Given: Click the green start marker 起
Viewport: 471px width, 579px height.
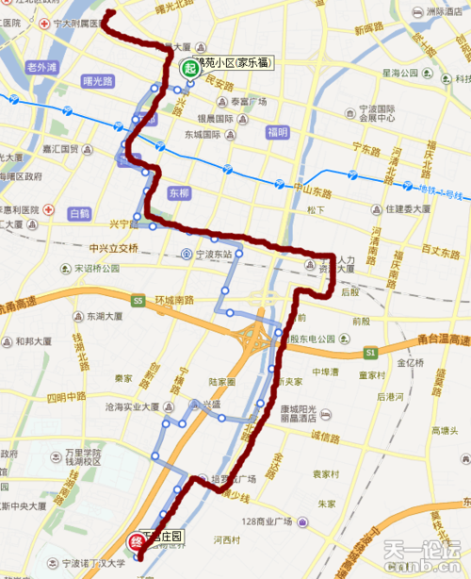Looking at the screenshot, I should pos(189,67).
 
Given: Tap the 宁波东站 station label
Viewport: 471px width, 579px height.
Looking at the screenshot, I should pos(206,255).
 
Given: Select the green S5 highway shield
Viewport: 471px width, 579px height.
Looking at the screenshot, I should pos(138,301).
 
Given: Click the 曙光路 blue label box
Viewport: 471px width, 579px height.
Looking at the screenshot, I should pos(99,81).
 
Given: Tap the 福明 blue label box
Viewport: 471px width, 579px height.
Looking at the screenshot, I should pos(277,132).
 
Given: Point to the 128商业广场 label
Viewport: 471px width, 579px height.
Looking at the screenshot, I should pos(276,521).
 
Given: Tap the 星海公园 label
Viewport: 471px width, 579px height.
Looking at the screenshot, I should pos(399,72).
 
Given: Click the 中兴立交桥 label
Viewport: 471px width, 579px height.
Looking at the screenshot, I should pos(113,248).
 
